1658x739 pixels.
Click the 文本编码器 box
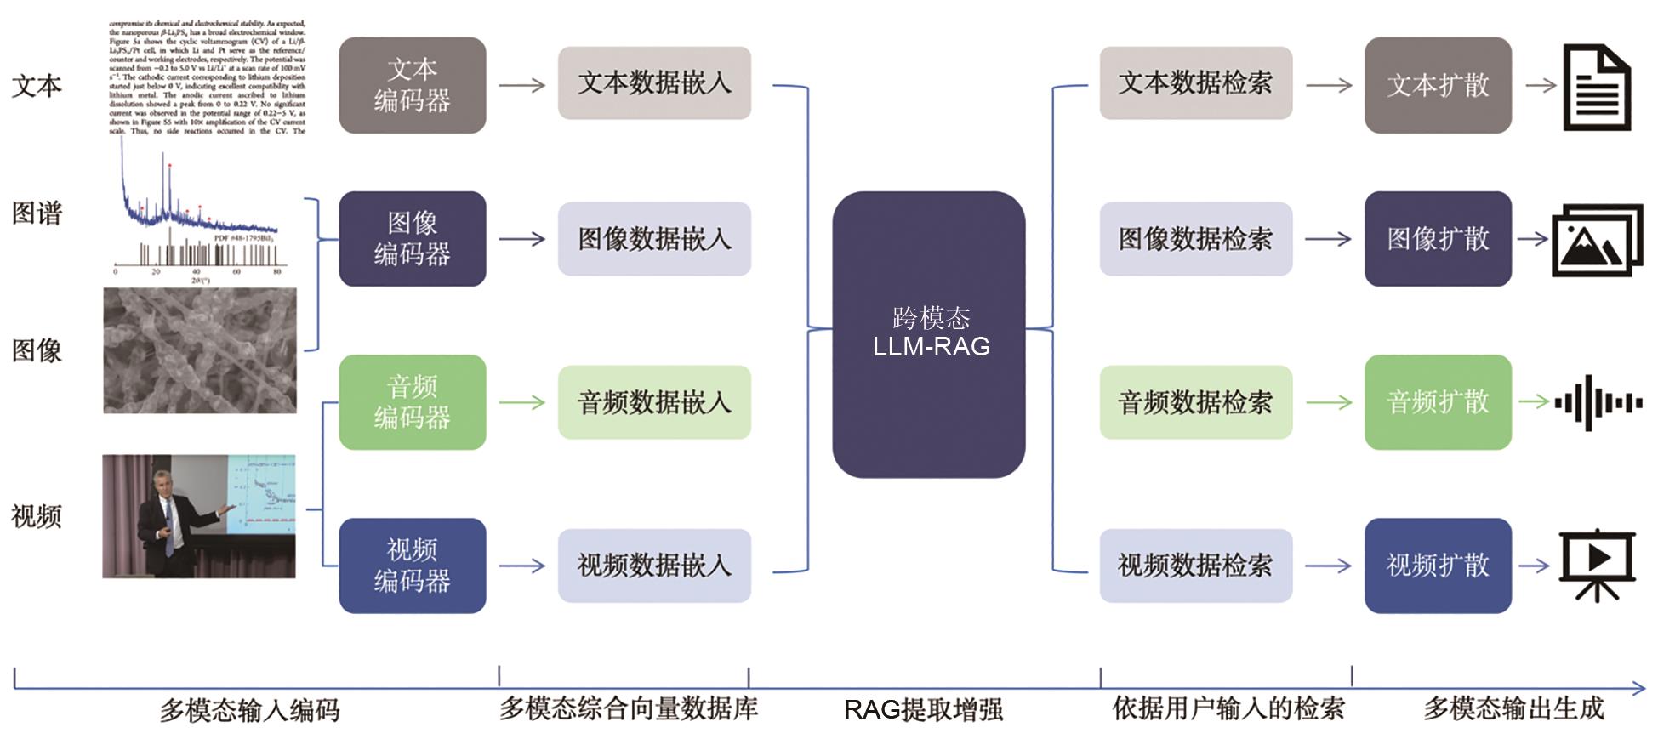[412, 85]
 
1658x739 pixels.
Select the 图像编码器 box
[412, 239]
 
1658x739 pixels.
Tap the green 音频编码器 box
[412, 402]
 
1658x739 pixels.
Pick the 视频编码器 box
[412, 566]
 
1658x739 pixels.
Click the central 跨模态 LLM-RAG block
[929, 334]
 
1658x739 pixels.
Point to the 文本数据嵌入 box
[654, 83]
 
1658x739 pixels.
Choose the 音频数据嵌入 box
[654, 402]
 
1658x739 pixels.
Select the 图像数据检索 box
[1195, 239]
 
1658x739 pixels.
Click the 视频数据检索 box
[1195, 566]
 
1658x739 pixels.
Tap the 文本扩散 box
[1438, 85]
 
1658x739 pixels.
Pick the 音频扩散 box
[1438, 402]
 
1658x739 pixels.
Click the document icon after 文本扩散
[1597, 88]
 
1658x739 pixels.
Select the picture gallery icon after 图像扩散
[1597, 240]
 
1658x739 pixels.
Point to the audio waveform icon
[1598, 402]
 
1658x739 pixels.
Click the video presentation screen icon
[1597, 564]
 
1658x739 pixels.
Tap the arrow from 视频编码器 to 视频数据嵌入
[521, 566]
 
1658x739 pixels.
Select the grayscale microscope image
[200, 350]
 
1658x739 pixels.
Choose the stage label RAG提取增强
[923, 709]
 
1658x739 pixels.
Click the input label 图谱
[37, 213]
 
